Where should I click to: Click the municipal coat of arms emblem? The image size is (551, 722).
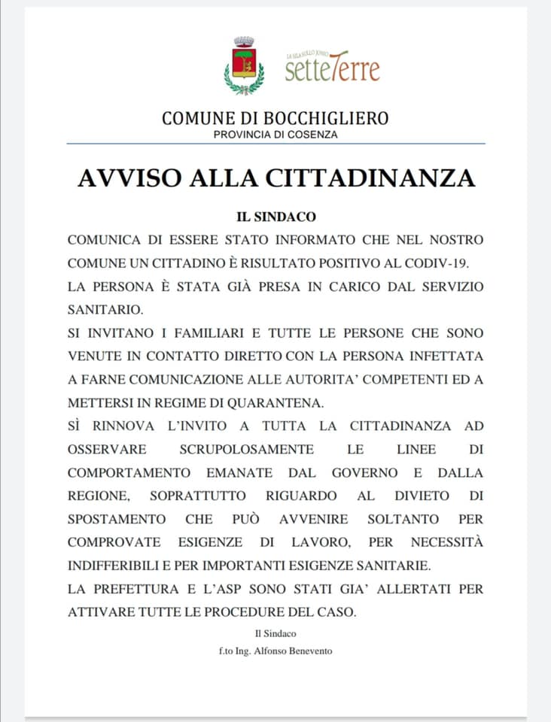244,65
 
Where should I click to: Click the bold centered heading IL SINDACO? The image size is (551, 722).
276,217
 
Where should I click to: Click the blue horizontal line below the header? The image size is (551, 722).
275,144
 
